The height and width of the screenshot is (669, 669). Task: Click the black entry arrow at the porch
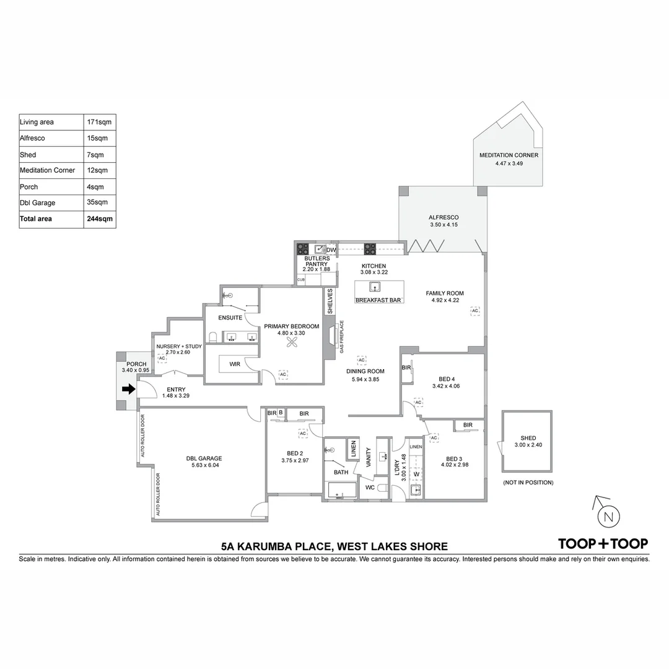click(128, 389)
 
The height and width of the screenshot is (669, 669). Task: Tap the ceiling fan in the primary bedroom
click(292, 342)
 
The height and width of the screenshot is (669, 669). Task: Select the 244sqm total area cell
click(100, 219)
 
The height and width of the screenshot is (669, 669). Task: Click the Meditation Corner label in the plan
click(509, 155)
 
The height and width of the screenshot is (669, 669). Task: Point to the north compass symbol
click(608, 517)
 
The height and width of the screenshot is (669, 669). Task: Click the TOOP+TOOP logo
click(603, 544)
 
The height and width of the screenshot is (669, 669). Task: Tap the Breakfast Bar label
click(378, 300)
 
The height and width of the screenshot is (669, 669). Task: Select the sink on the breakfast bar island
click(375, 287)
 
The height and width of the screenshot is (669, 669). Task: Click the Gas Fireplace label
click(342, 336)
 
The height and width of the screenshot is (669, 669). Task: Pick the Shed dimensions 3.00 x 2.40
click(528, 445)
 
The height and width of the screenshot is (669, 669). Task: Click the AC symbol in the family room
click(475, 310)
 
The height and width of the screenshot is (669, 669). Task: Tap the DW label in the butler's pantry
click(331, 250)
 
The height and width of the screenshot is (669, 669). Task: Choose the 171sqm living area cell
click(99, 122)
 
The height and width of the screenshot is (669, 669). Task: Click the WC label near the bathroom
click(370, 488)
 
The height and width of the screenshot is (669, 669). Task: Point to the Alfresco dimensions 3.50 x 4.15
click(444, 224)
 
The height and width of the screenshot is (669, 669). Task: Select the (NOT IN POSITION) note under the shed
click(528, 483)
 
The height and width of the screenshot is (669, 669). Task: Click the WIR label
click(235, 364)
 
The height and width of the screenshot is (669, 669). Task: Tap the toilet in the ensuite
click(213, 337)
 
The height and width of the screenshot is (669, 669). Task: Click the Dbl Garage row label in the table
click(38, 203)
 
